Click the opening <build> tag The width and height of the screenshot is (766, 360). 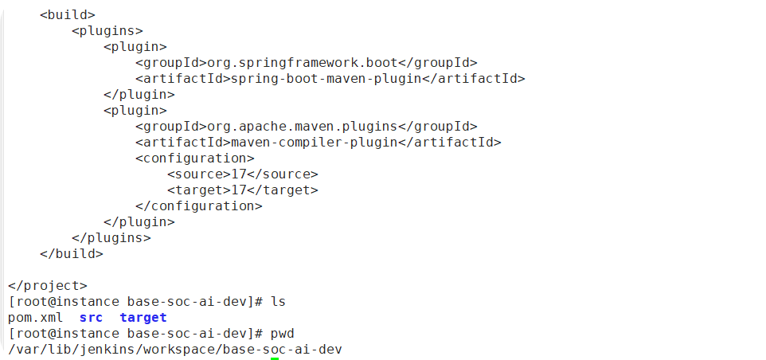(68, 15)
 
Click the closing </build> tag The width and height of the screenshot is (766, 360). (72, 254)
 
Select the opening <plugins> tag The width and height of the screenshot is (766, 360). (107, 31)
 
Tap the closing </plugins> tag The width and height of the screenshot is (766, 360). (111, 238)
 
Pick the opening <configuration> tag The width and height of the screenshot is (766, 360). (195, 158)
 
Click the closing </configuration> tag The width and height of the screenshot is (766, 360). (199, 206)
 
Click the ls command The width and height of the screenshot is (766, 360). (278, 302)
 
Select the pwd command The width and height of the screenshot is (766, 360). (282, 334)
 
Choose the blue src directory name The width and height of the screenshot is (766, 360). (92, 318)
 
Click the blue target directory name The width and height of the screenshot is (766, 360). (143, 318)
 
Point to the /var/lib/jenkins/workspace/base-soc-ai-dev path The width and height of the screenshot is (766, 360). (175, 350)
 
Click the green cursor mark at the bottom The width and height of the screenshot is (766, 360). (275, 358)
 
